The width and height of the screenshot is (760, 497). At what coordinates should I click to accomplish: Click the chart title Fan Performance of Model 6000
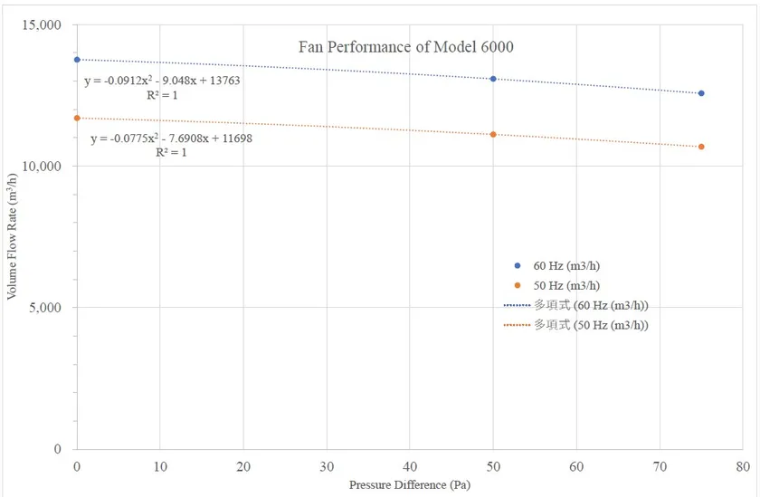[406, 47]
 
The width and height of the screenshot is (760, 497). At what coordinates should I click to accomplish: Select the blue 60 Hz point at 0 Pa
[77, 60]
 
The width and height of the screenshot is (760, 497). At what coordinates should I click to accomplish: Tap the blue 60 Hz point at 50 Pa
[493, 79]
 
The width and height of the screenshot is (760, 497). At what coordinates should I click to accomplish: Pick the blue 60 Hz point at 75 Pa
[701, 93]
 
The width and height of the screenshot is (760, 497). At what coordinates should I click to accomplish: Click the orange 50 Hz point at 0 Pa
[77, 118]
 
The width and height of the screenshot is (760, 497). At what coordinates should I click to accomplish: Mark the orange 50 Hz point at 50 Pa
[493, 134]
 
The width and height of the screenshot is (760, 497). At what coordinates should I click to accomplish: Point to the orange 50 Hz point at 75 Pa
[701, 147]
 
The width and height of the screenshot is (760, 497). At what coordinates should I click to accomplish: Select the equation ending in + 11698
[171, 139]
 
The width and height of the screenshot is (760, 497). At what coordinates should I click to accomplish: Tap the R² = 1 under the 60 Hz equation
[162, 94]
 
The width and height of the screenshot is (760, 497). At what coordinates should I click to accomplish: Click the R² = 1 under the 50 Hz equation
[172, 153]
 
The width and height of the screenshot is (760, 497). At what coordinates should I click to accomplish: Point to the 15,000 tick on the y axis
[42, 24]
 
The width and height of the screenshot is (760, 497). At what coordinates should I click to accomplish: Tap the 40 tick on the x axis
[409, 466]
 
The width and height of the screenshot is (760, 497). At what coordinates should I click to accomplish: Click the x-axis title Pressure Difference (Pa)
[410, 485]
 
